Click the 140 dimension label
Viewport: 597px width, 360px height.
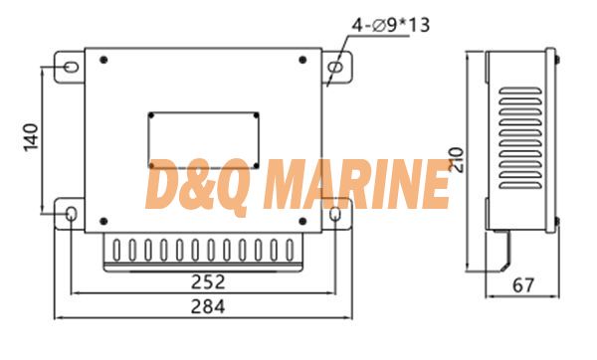pyautogui.click(x=31, y=137)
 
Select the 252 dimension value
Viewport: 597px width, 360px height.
pyautogui.click(x=208, y=282)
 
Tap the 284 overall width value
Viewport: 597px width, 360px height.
pyautogui.click(x=208, y=306)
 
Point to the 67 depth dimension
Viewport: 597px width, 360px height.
pyautogui.click(x=523, y=285)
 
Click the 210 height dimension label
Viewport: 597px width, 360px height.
pyautogui.click(x=457, y=160)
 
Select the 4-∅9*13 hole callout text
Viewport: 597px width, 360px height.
pyautogui.click(x=391, y=26)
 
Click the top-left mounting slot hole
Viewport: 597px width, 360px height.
pyautogui.click(x=71, y=67)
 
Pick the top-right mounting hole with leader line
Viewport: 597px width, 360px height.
pyautogui.click(x=335, y=67)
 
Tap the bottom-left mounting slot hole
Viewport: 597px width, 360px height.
pyautogui.click(x=72, y=214)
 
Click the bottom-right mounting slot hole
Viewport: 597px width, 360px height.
pyautogui.click(x=334, y=214)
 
